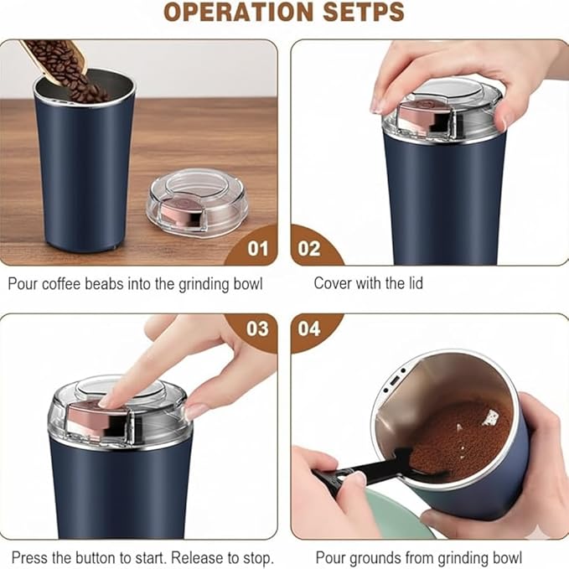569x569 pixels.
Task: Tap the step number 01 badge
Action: click(x=258, y=249)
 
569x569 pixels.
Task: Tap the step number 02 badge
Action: click(x=309, y=249)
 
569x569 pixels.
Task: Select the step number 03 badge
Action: click(x=258, y=328)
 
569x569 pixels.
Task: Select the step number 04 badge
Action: click(x=309, y=328)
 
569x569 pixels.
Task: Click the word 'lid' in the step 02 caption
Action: click(x=415, y=283)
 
